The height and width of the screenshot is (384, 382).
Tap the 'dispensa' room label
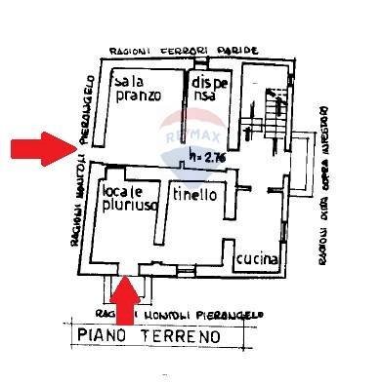[212, 89]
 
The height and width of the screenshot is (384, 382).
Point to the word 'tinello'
[194, 194]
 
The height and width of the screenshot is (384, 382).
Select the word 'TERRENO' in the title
[182, 337]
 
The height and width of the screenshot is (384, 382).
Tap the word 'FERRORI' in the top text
[191, 49]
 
